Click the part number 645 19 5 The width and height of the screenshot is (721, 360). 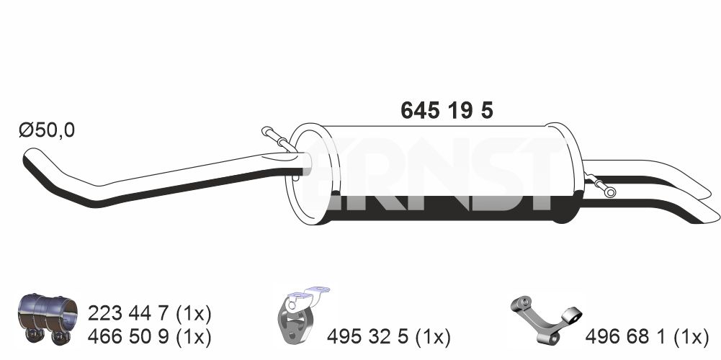point(447,110)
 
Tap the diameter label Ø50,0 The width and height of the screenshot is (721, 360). point(47,130)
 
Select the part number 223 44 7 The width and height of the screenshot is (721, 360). point(131,314)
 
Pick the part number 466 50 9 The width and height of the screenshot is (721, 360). point(131,338)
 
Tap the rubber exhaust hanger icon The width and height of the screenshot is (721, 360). point(298,315)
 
